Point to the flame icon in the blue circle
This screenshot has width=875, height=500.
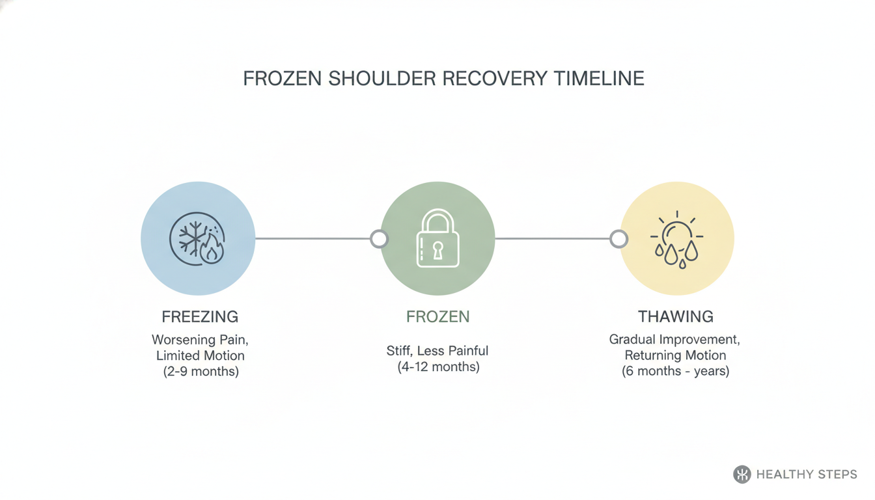pyautogui.click(x=212, y=249)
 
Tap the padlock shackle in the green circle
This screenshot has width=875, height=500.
pyautogui.click(x=438, y=221)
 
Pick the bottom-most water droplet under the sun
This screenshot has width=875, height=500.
pyautogui.click(x=682, y=264)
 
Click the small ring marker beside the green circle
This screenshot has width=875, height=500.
pyautogui.click(x=379, y=239)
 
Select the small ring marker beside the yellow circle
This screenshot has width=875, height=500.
pyautogui.click(x=618, y=239)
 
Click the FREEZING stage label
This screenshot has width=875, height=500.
pyautogui.click(x=200, y=317)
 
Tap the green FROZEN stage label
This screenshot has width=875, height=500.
pyautogui.click(x=438, y=317)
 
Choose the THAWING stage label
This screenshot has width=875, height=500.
pyautogui.click(x=676, y=317)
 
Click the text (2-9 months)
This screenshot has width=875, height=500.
pyautogui.click(x=201, y=371)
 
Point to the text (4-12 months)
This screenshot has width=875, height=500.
pyautogui.click(x=438, y=367)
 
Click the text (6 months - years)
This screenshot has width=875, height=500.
pyautogui.click(x=675, y=370)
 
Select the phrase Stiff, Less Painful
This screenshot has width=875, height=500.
pyautogui.click(x=437, y=351)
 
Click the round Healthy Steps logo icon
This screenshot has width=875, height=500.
pyautogui.click(x=742, y=474)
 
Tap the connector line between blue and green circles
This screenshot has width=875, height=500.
pyautogui.click(x=312, y=239)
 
